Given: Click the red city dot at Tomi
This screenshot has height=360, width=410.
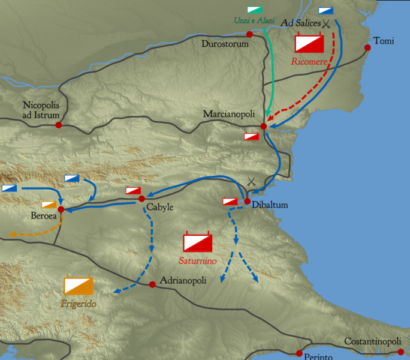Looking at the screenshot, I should point(367,48).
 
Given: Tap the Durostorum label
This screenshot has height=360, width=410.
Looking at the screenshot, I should point(225,44).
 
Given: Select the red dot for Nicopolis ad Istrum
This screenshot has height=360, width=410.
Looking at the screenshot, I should point(59,125).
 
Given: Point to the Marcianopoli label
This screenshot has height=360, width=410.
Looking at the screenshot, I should point(229,114).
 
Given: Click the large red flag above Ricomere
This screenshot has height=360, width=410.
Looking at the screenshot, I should point(309,43).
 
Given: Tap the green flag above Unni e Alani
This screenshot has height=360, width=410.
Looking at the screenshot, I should point(254,10).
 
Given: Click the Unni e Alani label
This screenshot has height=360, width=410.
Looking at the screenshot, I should point(254,20).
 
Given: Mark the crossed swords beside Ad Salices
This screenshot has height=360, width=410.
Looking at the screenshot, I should point(327,24).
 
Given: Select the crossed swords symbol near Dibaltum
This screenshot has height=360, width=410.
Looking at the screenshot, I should point(251,181).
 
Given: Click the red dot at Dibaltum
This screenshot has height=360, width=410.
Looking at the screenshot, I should point(247,202).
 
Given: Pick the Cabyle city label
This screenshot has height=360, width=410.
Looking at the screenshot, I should point(159,208).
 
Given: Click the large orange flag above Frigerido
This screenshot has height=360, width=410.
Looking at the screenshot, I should point(79,286).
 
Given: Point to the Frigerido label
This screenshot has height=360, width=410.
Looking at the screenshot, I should point(79,304).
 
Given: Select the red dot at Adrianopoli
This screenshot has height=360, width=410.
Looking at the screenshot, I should point(152,284).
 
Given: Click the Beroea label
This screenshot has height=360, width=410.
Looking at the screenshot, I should point(44,215).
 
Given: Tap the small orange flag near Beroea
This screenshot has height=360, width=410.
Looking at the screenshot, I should point(50,205).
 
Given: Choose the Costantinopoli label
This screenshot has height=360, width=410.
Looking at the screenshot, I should point(372,341).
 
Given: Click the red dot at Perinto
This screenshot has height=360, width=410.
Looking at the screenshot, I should point(300,353).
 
